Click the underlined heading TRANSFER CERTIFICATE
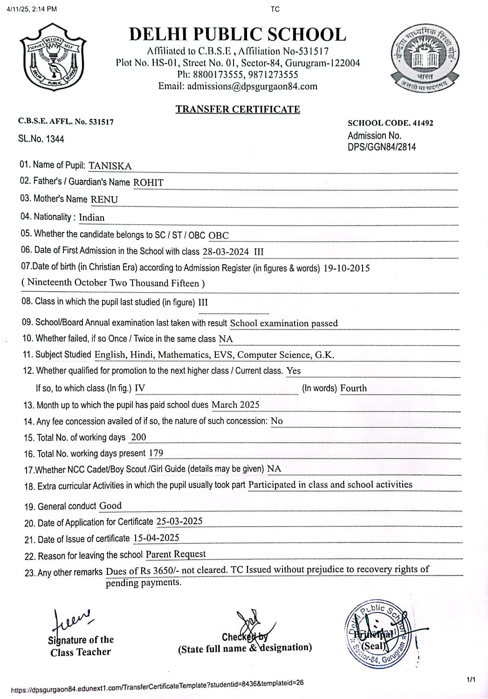pos(238,109)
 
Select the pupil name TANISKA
pos(110,166)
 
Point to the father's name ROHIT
pos(148,183)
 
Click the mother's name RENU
pos(104,199)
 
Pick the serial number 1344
pos(55,139)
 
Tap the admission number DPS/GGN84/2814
pos(382,147)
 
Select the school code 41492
pos(423,123)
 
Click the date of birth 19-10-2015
pos(346,268)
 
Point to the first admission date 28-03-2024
pos(226,252)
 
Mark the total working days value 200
pos(138,437)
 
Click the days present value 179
pos(156,453)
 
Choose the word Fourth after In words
pos(353,388)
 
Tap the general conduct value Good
pos(110,506)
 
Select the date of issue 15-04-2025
pos(156,538)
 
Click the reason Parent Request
pos(176,554)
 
